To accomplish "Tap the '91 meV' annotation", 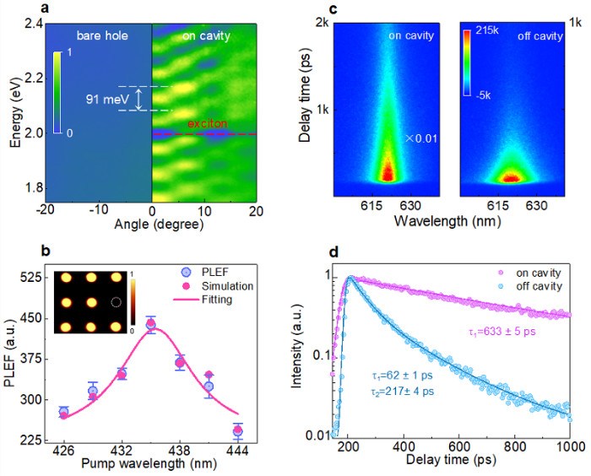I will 108,99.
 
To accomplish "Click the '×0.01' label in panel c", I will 414,138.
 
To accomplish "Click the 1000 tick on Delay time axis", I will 569,447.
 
